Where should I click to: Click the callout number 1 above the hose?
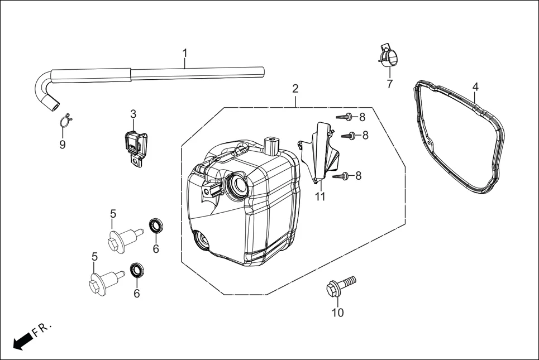tap(185, 54)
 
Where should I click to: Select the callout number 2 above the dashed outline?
tap(295, 88)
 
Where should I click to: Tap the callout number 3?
tap(133, 114)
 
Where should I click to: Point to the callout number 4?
tap(475, 87)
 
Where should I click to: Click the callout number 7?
tap(389, 84)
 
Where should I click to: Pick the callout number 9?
tap(63, 145)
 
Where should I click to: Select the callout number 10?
tap(338, 313)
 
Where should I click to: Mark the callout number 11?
tap(319, 196)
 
